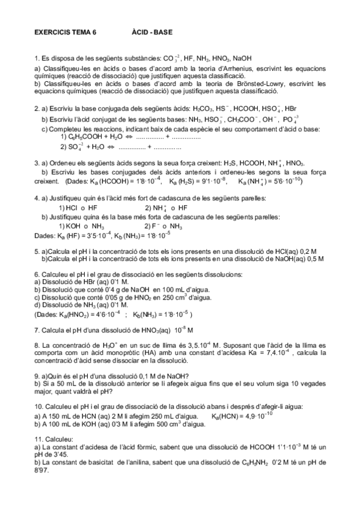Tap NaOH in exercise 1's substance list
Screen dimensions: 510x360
[243, 58]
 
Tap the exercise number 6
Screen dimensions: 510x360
[37, 274]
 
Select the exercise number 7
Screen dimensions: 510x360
[37, 330]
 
